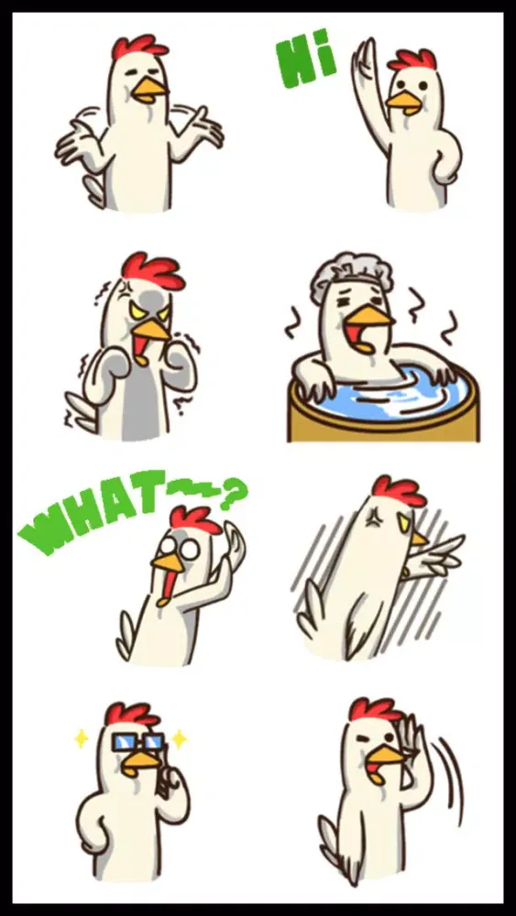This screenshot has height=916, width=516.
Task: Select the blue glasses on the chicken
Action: pos(137,742)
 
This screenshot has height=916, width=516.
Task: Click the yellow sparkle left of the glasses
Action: pos(82,738)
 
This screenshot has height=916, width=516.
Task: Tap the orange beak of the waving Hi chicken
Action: pos(404,102)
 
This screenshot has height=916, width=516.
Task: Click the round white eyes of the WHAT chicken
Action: pos(179,548)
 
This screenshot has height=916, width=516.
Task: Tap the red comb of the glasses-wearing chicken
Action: pos(131,714)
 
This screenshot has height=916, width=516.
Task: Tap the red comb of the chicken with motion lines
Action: pos(399,491)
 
